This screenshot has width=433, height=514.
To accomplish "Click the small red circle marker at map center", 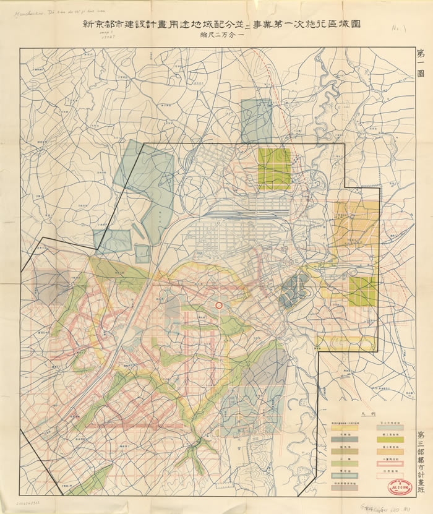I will point(218,306).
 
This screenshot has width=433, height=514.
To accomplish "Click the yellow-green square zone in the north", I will point(274,168).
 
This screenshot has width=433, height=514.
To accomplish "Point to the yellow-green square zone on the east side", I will point(362,291).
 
